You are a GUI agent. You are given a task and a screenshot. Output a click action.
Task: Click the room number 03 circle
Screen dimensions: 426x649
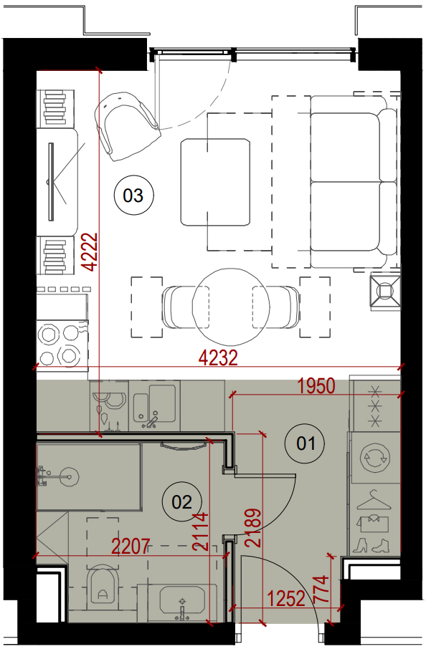pyautogui.click(x=133, y=195)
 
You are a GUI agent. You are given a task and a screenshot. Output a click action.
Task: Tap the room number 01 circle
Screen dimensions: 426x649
pyautogui.click(x=306, y=443)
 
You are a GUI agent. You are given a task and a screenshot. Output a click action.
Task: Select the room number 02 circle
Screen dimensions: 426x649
pyautogui.click(x=181, y=502)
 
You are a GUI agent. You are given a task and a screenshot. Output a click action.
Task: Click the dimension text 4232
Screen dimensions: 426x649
pyautogui.click(x=219, y=358)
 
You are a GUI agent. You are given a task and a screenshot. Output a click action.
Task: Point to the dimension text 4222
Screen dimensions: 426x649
pyautogui.click(x=90, y=252)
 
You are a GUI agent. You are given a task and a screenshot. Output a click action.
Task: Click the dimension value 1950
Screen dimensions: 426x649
pyautogui.click(x=316, y=386)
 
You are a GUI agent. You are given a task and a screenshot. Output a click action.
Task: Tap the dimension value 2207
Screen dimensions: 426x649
pyautogui.click(x=131, y=547)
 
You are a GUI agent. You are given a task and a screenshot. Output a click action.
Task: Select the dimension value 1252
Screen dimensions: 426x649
pyautogui.click(x=286, y=599)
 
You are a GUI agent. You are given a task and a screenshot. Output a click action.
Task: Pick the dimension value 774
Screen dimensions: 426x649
pyautogui.click(x=322, y=589)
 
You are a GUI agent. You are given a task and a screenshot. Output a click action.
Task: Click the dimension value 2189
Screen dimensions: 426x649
pyautogui.click(x=254, y=528)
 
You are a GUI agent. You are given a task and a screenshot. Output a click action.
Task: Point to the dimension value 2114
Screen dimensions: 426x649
pyautogui.click(x=201, y=532)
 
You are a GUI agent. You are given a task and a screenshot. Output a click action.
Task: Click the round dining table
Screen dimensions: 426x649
pyautogui.click(x=231, y=307)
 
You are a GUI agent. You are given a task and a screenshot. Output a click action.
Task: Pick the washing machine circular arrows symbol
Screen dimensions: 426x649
pyautogui.click(x=374, y=458)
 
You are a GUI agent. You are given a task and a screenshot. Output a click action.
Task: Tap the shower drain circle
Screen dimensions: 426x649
pyautogui.click(x=69, y=477)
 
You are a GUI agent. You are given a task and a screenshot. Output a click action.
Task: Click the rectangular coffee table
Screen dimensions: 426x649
pyautogui.click(x=215, y=183)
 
